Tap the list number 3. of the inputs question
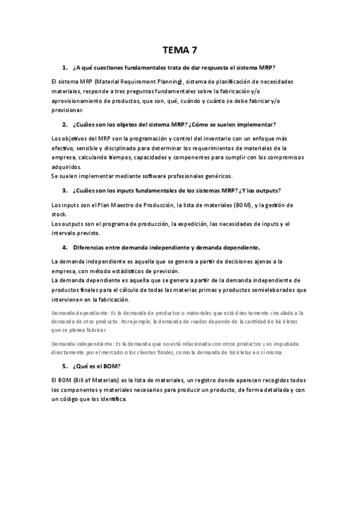click(64, 191)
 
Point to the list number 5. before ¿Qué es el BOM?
click(64, 366)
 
